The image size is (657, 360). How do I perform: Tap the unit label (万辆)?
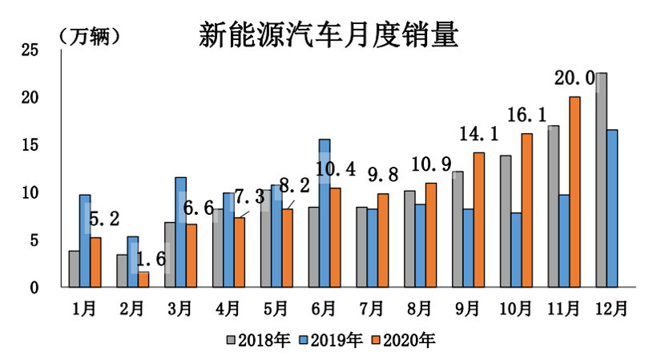tap(89, 36)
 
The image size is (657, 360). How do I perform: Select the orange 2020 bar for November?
tap(574, 192)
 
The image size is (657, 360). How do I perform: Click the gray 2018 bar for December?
tap(601, 180)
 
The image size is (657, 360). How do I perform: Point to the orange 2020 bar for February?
tap(143, 279)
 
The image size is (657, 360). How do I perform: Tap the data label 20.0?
tap(574, 79)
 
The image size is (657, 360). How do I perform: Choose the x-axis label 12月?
tap(614, 307)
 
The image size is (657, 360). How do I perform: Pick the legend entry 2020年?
tap(408, 341)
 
